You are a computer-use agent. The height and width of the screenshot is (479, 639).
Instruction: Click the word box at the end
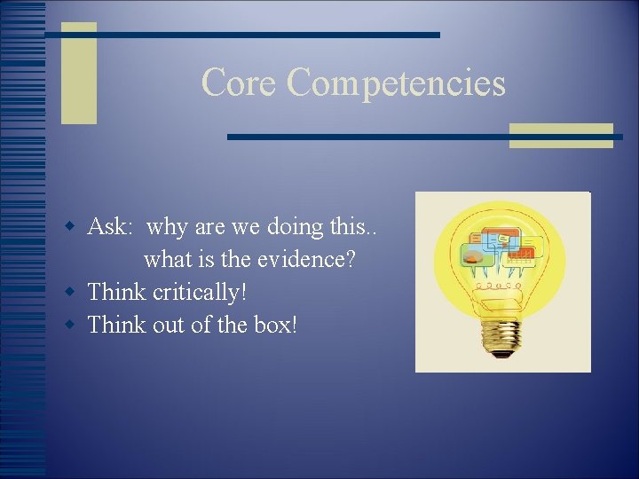point(275,325)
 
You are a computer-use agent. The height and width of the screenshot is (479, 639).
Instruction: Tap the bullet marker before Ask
point(75,228)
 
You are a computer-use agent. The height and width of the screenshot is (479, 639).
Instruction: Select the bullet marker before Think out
point(75,326)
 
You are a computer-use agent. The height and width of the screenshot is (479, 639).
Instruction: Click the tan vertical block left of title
point(78,73)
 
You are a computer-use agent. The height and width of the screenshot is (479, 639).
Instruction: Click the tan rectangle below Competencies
point(560,135)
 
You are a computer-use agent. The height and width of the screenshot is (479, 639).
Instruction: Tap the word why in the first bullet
point(166,228)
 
